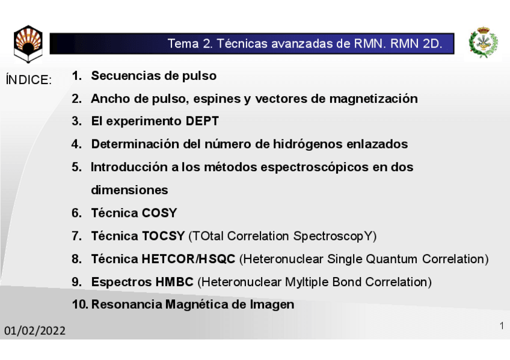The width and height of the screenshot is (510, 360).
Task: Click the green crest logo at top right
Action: click(x=483, y=43)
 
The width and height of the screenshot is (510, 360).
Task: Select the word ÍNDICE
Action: click(x=28, y=81)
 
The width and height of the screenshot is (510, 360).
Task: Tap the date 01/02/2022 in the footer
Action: click(x=35, y=331)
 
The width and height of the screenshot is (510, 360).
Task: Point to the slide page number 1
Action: click(x=501, y=326)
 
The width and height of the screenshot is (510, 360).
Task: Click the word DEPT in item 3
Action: click(x=202, y=121)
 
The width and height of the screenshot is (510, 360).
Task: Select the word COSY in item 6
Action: click(x=159, y=213)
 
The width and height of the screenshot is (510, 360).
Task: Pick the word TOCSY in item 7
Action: click(x=163, y=236)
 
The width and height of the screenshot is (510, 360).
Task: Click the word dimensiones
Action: click(x=129, y=191)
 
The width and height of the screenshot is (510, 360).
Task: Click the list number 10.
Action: click(x=80, y=305)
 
